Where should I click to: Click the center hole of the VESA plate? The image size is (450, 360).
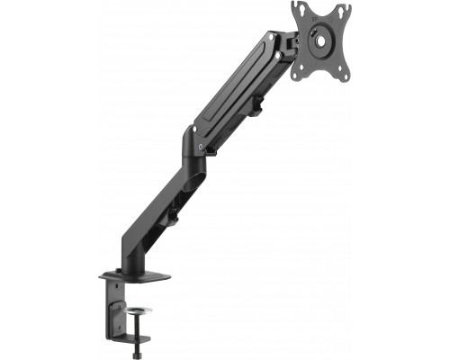319,40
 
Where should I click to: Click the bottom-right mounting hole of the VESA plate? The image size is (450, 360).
337,73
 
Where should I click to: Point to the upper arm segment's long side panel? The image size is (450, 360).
234,90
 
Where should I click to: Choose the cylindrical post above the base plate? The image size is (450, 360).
130,256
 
